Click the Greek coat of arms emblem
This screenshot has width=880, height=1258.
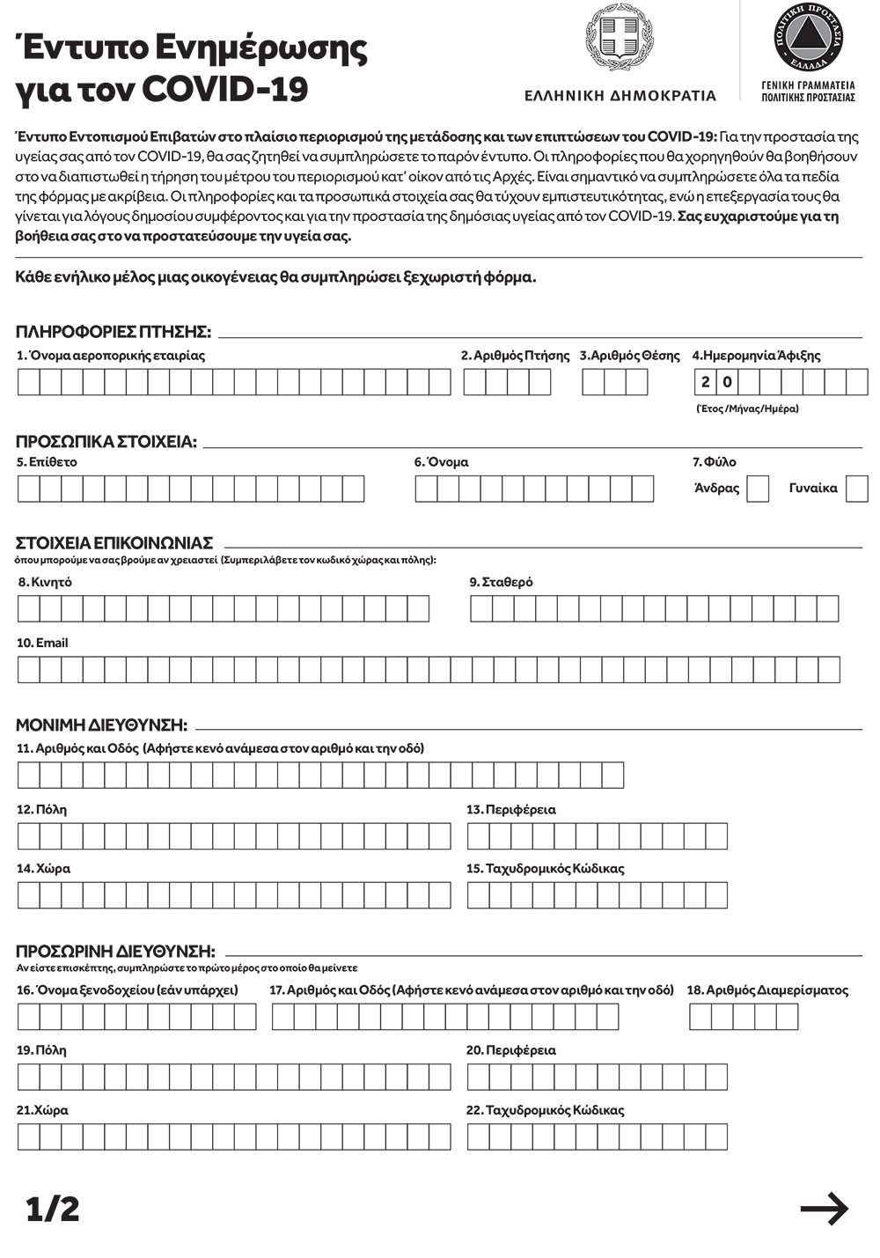tap(620, 40)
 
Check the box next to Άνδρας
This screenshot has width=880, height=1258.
tap(758, 489)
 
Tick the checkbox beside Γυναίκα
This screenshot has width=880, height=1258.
tap(856, 489)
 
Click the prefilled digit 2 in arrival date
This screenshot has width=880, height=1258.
tap(706, 382)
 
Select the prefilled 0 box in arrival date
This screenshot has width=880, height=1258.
tap(727, 382)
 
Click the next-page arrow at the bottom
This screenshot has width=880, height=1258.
tap(824, 1209)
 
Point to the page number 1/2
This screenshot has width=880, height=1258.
tap(53, 1209)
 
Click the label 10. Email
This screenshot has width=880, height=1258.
tap(42, 643)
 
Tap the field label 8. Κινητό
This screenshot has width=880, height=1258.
tap(45, 582)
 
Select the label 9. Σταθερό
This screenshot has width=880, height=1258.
tap(501, 582)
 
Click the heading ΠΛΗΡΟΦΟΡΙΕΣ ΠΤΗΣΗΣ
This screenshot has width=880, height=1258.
tap(114, 332)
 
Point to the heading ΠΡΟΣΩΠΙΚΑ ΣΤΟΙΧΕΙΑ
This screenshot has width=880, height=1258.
tap(106, 442)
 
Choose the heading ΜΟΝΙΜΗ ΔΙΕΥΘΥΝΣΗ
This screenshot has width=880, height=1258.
tap(101, 725)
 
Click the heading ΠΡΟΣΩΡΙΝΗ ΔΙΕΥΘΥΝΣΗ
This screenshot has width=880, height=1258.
tap(115, 951)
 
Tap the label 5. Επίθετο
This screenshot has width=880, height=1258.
tap(47, 461)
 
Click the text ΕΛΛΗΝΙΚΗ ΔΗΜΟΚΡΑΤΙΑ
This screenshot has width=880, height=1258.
tap(620, 96)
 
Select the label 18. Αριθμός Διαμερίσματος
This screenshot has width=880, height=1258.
tap(767, 989)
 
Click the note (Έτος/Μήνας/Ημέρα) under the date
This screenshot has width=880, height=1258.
tap(747, 408)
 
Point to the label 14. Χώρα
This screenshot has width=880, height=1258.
tap(43, 868)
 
